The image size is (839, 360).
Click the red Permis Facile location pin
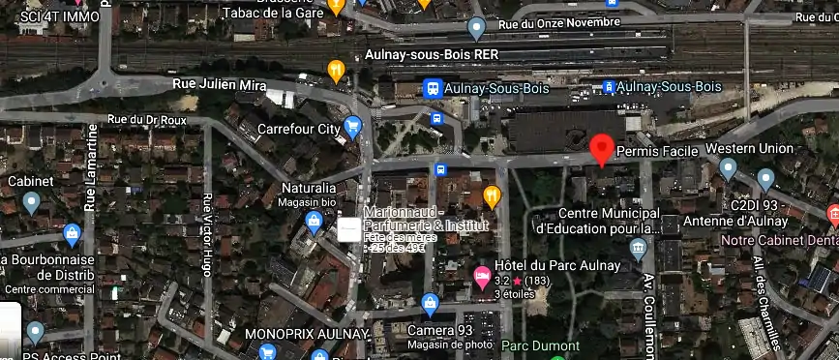602,150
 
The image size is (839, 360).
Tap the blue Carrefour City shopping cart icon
353,126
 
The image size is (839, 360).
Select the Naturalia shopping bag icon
314,222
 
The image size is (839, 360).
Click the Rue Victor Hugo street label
207,234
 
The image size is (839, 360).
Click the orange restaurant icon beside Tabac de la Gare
336,7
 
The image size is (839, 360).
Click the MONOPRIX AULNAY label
308,334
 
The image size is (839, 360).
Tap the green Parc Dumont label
540,345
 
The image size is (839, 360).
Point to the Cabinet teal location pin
31,201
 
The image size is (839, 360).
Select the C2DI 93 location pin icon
765,179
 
